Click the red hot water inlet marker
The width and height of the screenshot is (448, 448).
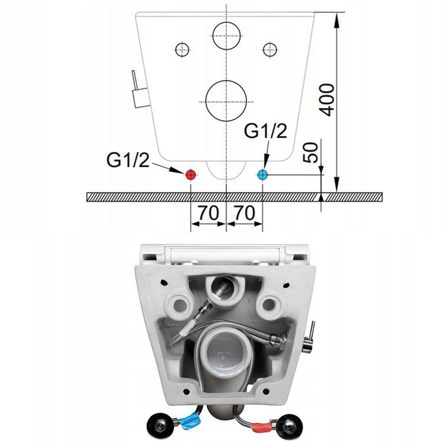coord(190,175)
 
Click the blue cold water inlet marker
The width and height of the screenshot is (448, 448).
coord(262,175)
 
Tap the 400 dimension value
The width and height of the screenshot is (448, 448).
coord(327,100)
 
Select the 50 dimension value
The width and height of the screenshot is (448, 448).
coord(311,153)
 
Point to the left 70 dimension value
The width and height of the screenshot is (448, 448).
coord(209,213)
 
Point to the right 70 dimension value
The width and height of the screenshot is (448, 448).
coord(244,213)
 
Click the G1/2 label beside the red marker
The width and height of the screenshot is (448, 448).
coord(128,160)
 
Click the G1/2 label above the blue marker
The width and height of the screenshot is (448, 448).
coord(265,131)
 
